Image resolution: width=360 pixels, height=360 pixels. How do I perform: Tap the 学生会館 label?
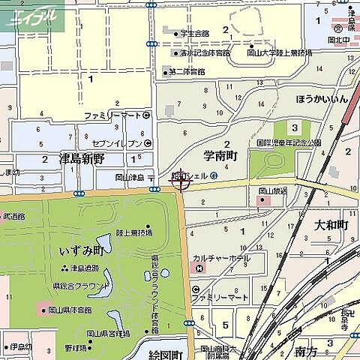coord(194,33)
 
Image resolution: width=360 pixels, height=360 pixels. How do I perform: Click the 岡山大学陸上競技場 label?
coord(279,54)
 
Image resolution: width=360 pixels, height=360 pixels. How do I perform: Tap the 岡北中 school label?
coord(340,38)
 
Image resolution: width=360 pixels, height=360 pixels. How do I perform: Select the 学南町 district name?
coord(220,155)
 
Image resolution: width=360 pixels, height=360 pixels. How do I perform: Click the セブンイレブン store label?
coord(116,142)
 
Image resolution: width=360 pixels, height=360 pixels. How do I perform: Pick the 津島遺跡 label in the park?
coord(82,268)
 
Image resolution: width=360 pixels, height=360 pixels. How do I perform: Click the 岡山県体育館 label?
coord(70,310)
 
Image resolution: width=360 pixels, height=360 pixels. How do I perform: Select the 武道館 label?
coord(13,216)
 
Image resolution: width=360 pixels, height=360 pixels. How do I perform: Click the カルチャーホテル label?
coord(221,258)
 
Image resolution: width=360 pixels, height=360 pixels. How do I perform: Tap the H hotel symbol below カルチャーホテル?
coord(196,289)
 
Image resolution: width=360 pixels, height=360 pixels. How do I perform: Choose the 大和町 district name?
coord(330,224)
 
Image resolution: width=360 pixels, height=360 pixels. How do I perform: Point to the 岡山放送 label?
coord(273,190)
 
